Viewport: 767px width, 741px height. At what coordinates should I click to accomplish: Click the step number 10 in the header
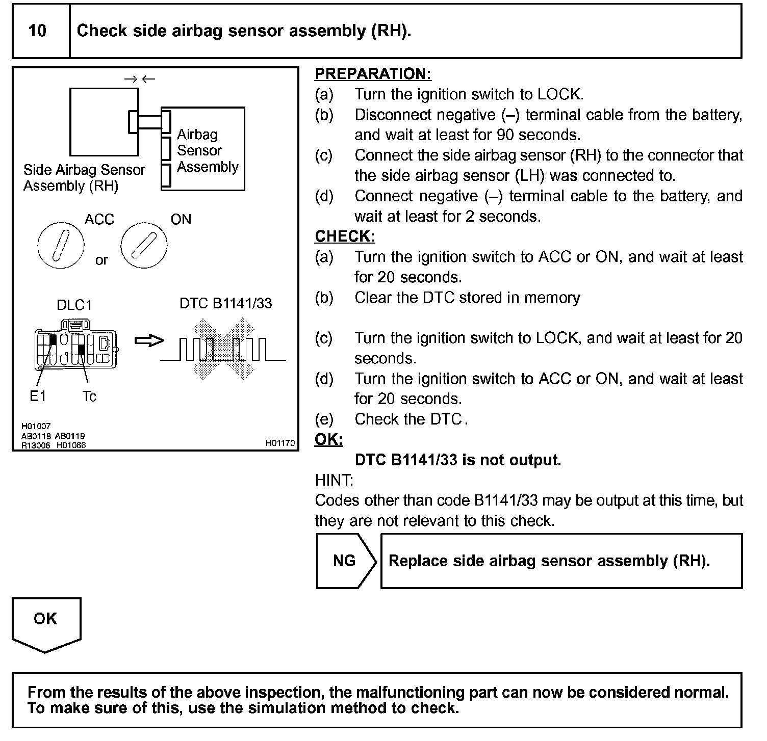pos(37,31)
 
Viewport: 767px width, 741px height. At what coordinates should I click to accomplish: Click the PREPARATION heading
pos(373,74)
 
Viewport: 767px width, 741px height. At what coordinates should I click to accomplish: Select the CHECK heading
pos(345,236)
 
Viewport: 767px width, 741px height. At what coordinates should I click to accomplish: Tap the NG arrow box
pos(345,561)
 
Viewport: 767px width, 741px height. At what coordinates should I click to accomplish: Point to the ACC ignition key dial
pos(61,245)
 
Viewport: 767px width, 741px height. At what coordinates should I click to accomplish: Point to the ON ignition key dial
pos(144,245)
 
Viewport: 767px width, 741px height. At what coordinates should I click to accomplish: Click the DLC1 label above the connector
pos(74,305)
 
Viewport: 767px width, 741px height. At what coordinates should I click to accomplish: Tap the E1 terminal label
pos(38,396)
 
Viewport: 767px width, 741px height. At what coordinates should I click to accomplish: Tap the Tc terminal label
pos(89,396)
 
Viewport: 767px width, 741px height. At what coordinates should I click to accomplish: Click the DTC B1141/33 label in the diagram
pos(225,304)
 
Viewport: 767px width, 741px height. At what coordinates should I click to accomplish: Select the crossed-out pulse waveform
pos(223,350)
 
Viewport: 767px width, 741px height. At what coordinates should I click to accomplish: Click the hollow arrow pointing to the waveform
pos(149,340)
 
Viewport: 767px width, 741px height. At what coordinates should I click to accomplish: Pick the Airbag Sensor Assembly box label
pos(207,151)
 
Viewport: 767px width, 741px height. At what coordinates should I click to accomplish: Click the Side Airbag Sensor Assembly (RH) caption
pos(84,178)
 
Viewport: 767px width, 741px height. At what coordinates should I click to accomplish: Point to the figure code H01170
pos(280,443)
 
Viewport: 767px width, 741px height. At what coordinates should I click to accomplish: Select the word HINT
pos(334,480)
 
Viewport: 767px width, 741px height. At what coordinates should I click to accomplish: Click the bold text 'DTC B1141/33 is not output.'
pos(457,460)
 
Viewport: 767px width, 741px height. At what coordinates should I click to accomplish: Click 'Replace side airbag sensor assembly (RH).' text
pos(549,561)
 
